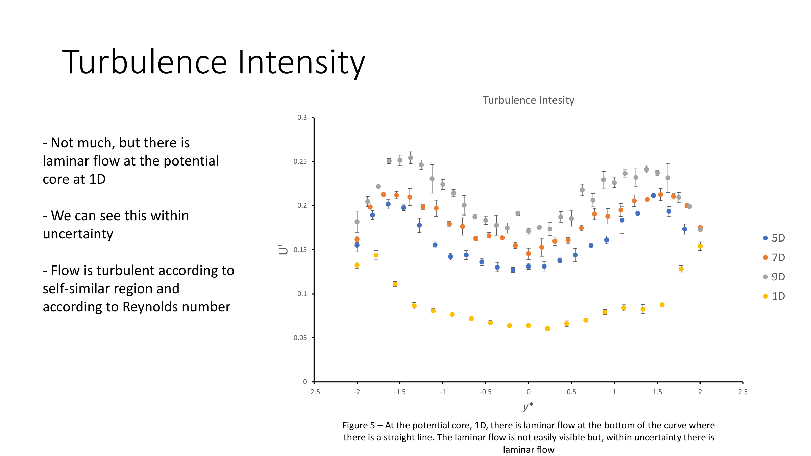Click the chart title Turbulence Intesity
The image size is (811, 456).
[528, 100]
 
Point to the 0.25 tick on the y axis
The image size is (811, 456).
[300, 162]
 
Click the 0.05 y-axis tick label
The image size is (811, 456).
[300, 338]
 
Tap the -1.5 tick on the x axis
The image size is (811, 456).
[399, 392]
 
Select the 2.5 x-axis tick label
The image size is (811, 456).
[743, 392]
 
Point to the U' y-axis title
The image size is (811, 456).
[283, 250]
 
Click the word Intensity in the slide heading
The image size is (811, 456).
[301, 62]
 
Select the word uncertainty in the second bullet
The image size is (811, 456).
[78, 234]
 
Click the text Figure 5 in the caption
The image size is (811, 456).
[359, 425]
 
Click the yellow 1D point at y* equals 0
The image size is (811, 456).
[529, 326]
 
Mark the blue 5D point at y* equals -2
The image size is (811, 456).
[357, 245]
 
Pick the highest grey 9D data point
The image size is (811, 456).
[411, 158]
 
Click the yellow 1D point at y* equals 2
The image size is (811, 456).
[700, 246]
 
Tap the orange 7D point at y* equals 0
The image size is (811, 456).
[529, 254]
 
